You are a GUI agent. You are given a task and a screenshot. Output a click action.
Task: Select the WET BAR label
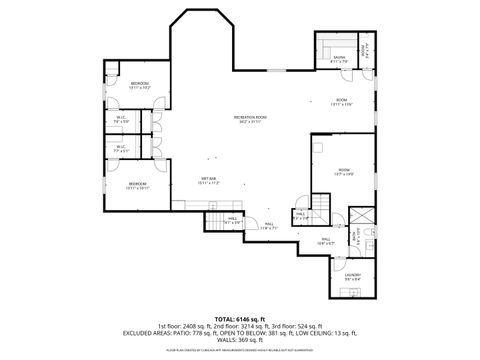(x=209, y=181)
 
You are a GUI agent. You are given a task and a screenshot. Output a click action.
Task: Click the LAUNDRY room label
(x=352, y=277)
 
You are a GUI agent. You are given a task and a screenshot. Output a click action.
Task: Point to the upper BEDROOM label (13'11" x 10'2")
(x=139, y=85)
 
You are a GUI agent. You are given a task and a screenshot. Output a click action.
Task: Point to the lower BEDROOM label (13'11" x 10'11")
(x=138, y=185)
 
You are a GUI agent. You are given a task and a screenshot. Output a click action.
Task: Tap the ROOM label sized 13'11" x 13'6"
(x=341, y=102)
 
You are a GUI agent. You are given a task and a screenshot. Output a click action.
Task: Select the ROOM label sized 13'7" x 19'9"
(x=343, y=172)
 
